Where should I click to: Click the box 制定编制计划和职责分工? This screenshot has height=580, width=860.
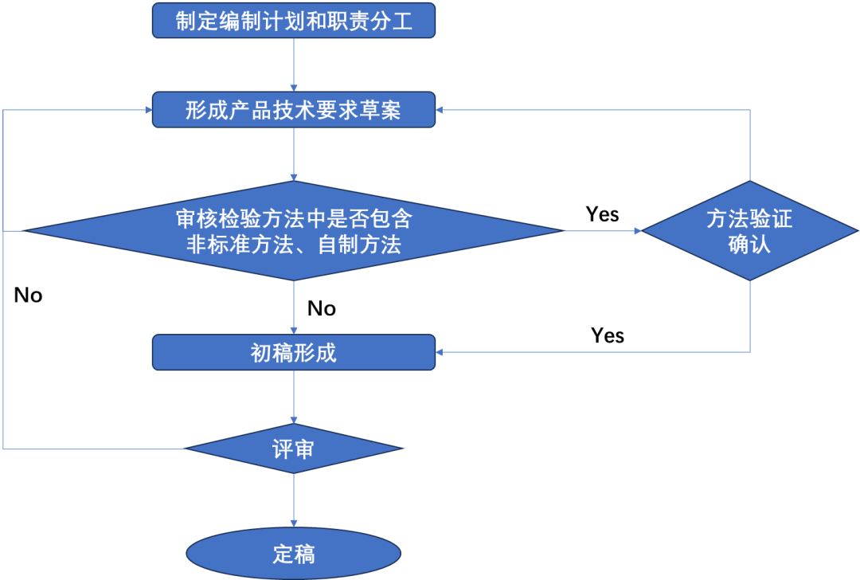pyautogui.click(x=294, y=21)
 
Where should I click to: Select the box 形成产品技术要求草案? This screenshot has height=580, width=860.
pyautogui.click(x=294, y=110)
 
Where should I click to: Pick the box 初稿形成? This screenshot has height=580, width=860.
pyautogui.click(x=294, y=352)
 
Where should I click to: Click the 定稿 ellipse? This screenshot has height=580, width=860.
pyautogui.click(x=294, y=553)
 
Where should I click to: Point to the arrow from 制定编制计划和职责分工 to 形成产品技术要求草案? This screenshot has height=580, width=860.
pyautogui.click(x=294, y=64)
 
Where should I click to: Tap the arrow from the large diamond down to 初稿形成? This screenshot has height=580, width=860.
pyautogui.click(x=294, y=307)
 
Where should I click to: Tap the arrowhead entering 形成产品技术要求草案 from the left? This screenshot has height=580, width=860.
pyautogui.click(x=147, y=110)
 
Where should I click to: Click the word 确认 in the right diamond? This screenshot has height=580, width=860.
pyautogui.click(x=749, y=244)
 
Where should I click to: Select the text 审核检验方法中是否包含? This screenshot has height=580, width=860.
pyautogui.click(x=294, y=218)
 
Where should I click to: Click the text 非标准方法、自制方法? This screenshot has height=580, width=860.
pyautogui.click(x=294, y=245)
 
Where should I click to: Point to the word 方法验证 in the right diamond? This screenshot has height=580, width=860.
pyautogui.click(x=749, y=218)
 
